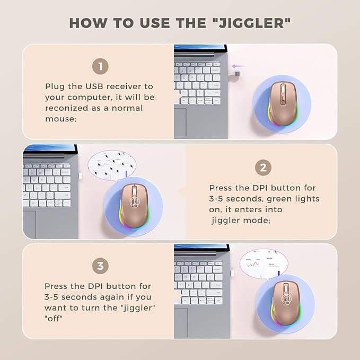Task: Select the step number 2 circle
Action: coord(263,168)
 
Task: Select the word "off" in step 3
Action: coord(54,319)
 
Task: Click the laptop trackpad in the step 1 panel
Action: coord(180,122)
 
